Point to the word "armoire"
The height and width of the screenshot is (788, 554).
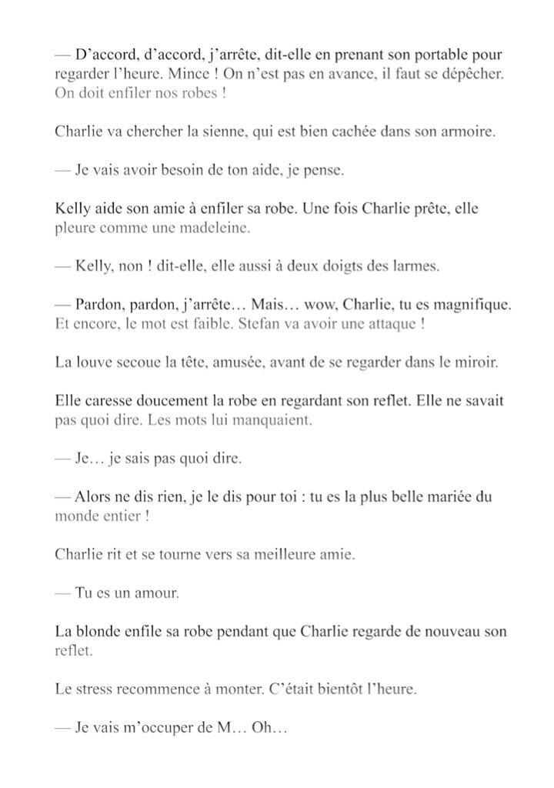coord(470,132)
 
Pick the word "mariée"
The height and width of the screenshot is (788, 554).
coord(437,497)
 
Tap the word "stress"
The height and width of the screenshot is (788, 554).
coord(98,689)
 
